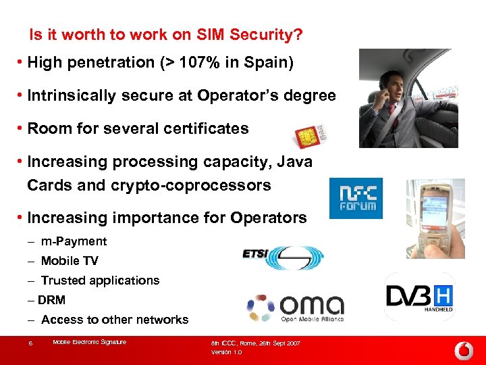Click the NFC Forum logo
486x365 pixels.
356,198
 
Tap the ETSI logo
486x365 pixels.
283,256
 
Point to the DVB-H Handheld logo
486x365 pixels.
419,297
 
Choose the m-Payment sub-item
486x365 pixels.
74,241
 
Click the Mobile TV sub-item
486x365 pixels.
70,261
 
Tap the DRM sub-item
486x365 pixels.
52,300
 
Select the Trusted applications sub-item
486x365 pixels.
100,281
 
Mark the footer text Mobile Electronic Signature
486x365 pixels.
89,342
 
